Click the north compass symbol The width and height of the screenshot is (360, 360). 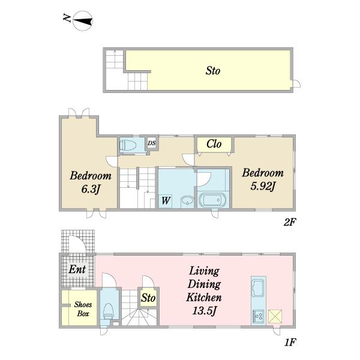coord(83,21)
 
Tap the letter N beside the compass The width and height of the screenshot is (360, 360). coord(67,18)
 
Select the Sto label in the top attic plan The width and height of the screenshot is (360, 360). coord(213,71)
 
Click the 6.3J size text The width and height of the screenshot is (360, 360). coord(91,189)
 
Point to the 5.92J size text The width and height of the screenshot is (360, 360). coord(263,187)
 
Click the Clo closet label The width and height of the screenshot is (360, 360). coord(214,144)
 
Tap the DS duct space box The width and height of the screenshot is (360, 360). coord(152,143)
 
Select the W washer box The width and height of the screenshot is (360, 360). coord(166,201)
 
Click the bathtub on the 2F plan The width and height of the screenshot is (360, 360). coord(213,200)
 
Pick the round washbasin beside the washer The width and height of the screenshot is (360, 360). coord(187,200)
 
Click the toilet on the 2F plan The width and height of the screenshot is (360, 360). coord(128,145)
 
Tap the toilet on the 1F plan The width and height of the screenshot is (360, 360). coord(108,311)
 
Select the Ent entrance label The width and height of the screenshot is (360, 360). coord(77,269)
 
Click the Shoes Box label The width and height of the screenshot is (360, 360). coord(83,309)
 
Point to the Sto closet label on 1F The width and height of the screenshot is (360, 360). coord(148,298)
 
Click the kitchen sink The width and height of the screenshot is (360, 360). coord(259,288)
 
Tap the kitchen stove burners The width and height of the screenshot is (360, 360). coord(259,316)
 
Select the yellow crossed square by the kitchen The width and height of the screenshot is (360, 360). coord(275,316)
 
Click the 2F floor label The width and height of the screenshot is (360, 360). coord(290,222)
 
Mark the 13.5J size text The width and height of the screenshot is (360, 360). coord(205,311)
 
